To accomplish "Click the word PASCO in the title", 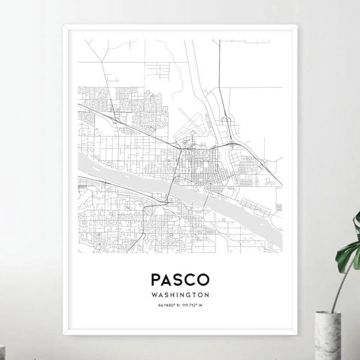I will [x=180, y=280].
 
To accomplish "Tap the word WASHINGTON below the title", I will [x=180, y=295].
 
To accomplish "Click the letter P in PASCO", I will [x=156, y=280].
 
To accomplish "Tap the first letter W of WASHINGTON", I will [x=155, y=295].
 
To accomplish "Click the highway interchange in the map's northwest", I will [x=114, y=119].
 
